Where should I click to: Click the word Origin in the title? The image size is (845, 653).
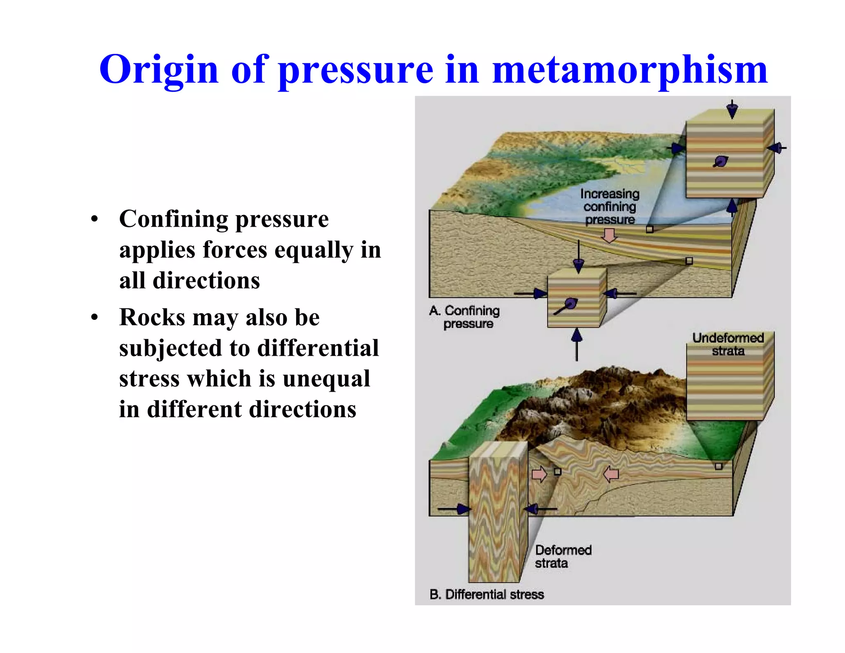point(158,69)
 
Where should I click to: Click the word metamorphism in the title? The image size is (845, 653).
point(630,69)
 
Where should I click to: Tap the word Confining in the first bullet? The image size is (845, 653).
point(173,219)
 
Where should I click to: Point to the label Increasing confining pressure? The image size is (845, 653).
point(609,206)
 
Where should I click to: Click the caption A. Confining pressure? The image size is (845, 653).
point(465,317)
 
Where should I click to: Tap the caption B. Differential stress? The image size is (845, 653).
point(486,594)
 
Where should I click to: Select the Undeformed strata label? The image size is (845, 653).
point(728,344)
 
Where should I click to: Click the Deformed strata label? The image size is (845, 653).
point(563,556)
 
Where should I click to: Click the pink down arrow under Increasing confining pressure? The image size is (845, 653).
point(609,236)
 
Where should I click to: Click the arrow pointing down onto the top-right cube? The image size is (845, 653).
point(732,109)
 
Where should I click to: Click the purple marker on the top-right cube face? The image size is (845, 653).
point(721,161)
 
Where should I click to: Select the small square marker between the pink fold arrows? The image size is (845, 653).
point(557,471)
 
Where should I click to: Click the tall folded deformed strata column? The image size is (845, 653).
point(498,512)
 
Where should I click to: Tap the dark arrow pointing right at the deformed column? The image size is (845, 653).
point(454,509)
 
